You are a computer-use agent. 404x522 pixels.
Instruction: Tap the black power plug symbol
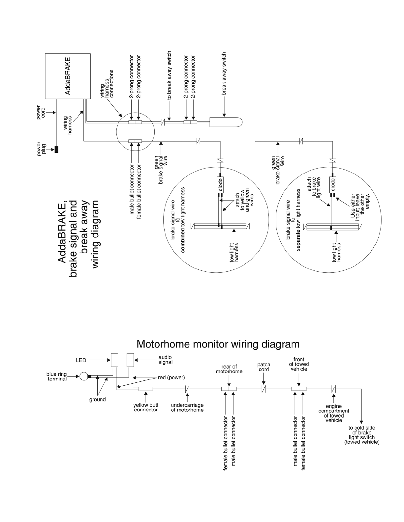[56, 150]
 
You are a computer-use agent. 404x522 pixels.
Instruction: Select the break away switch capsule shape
[226, 122]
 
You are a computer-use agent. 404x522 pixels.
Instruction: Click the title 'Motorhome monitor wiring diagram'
[218, 344]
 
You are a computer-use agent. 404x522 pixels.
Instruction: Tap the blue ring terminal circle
[84, 376]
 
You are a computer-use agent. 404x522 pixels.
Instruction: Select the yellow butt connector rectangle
[146, 389]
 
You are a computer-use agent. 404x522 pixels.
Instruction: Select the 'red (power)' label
[171, 377]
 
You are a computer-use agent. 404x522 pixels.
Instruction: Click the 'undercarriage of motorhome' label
[187, 407]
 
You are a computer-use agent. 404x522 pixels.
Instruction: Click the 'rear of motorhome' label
[229, 369]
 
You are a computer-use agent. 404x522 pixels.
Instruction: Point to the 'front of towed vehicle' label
[299, 364]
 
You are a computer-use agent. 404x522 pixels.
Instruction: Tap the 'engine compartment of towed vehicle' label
[334, 413]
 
